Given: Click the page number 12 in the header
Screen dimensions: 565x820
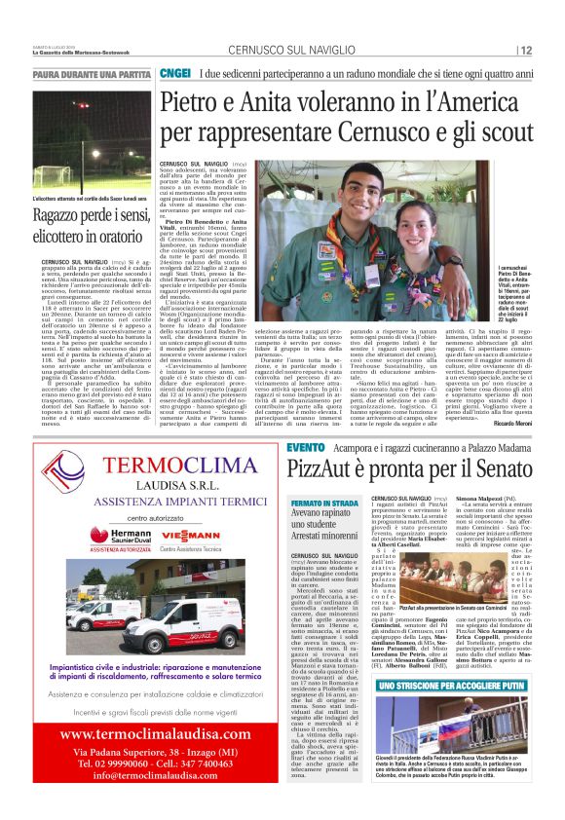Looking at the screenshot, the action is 526,51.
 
